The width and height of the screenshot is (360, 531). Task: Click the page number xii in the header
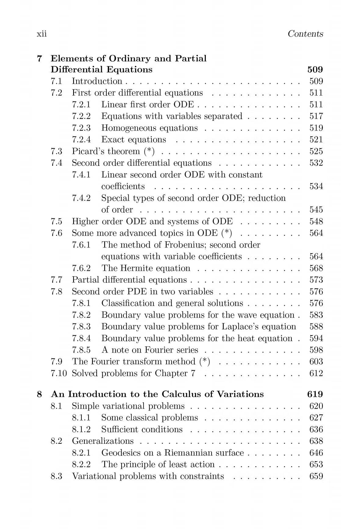tap(41, 34)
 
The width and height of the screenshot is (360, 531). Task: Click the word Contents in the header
tap(305, 34)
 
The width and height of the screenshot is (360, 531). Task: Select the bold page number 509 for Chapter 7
tap(315, 70)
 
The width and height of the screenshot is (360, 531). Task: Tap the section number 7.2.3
tap(81, 128)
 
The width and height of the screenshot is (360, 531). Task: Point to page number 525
tap(316, 151)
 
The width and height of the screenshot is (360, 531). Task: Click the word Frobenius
tap(186, 245)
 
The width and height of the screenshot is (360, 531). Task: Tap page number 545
tap(316, 210)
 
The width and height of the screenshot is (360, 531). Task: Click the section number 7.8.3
tap(81, 326)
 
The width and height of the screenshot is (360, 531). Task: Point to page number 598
tap(316, 350)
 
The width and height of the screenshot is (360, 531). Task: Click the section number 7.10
tap(59, 373)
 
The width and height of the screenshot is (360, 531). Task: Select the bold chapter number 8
tap(39, 394)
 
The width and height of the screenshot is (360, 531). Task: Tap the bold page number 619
tap(315, 394)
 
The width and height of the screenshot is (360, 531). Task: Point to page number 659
tap(316, 476)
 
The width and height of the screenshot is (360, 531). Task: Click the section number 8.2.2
tap(81, 465)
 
